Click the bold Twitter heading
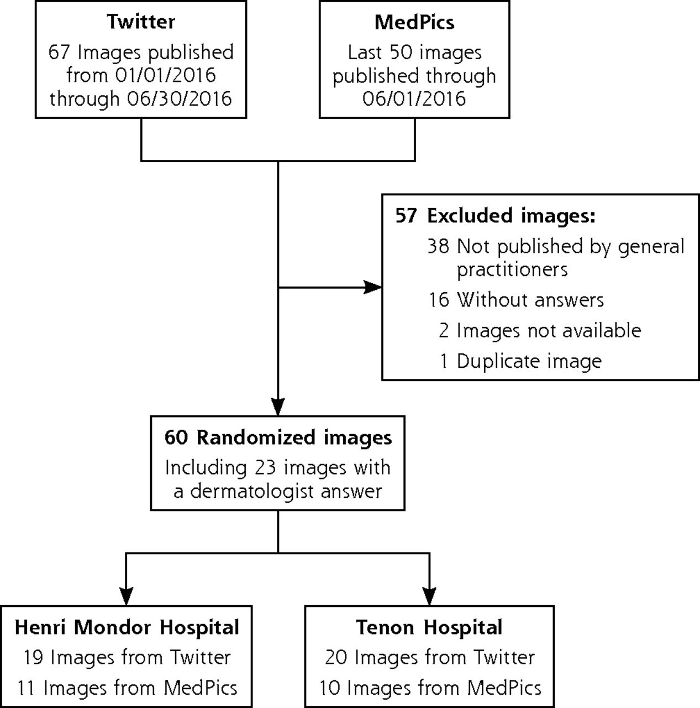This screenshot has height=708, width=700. (141, 22)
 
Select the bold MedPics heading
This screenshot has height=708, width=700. (414, 22)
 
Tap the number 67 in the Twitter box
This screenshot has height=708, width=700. (59, 52)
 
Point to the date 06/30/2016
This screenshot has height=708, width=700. (180, 98)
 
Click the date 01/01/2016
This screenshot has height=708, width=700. (165, 75)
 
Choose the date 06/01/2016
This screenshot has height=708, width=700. (414, 98)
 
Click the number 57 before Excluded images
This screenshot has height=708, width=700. (406, 215)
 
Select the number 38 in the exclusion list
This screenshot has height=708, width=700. (438, 246)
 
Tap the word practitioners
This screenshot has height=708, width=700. (512, 270)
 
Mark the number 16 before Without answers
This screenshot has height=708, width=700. (439, 300)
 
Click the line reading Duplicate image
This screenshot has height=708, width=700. (529, 361)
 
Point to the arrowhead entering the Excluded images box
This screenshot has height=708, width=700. (372, 287)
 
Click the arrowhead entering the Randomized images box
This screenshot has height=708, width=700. (278, 407)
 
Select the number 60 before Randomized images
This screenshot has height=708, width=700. (176, 438)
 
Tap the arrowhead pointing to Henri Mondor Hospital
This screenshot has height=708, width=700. (126, 596)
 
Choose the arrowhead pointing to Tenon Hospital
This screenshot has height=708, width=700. (429, 596)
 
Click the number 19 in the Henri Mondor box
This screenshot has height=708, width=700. (34, 657)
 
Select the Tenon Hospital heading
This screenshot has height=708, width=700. (429, 627)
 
